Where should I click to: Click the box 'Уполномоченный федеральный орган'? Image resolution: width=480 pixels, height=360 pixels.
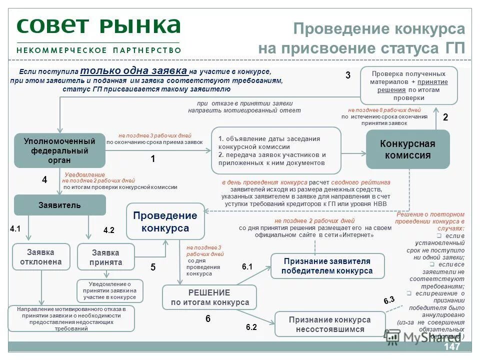pyautogui.click(x=59, y=150)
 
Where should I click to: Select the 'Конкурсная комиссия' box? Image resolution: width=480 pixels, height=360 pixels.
pyautogui.click(x=407, y=149)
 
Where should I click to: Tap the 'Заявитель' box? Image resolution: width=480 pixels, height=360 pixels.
pyautogui.click(x=59, y=205)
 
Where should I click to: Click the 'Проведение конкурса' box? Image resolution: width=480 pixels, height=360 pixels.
pyautogui.click(x=165, y=222)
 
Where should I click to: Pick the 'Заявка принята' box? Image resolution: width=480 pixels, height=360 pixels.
pyautogui.click(x=106, y=257)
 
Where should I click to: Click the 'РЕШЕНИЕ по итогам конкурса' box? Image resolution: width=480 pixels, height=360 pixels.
pyautogui.click(x=209, y=297)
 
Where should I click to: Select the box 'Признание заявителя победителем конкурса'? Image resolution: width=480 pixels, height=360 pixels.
pyautogui.click(x=327, y=266)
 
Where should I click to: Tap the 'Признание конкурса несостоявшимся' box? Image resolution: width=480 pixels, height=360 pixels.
pyautogui.click(x=329, y=324)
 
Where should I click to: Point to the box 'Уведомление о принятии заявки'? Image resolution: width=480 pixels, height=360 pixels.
pyautogui.click(x=109, y=290)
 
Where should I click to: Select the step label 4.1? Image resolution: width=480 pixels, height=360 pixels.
pyautogui.click(x=15, y=229)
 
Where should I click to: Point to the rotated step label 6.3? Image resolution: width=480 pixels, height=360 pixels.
pyautogui.click(x=389, y=300)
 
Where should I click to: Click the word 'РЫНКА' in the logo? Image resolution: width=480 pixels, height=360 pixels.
pyautogui.click(x=146, y=25)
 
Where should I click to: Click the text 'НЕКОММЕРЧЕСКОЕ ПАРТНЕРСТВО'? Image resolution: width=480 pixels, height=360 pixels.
pyautogui.click(x=98, y=50)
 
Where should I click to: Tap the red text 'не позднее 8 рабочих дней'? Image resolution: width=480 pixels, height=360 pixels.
pyautogui.click(x=384, y=110)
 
